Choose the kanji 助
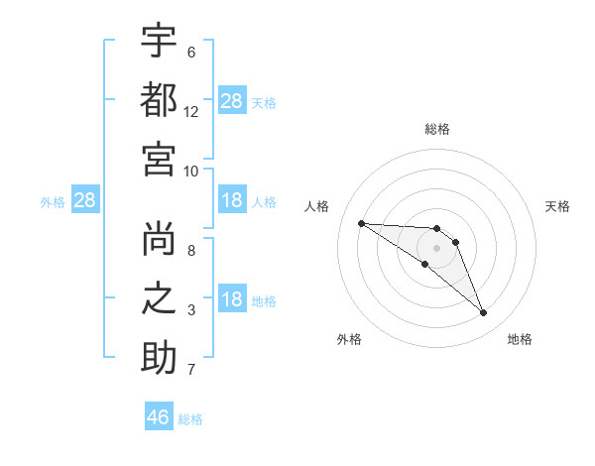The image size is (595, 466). (x=159, y=359)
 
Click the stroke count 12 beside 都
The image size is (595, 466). (x=191, y=112)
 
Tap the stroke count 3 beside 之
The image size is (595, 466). (x=191, y=311)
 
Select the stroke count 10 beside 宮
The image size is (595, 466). (x=191, y=171)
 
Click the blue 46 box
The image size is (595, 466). (x=159, y=417)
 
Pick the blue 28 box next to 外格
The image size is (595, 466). (x=84, y=201)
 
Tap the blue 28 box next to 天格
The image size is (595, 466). (x=232, y=101)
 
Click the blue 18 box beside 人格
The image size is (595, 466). (x=232, y=201)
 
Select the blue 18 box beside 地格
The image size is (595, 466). (x=232, y=300)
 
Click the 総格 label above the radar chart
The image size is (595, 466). (x=437, y=130)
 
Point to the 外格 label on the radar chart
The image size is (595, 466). (x=349, y=340)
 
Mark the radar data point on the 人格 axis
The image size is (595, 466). (x=361, y=223)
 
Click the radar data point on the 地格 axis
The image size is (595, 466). (x=483, y=313)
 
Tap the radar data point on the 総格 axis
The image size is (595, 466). (x=437, y=229)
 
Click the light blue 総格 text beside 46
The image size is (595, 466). (x=190, y=418)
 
